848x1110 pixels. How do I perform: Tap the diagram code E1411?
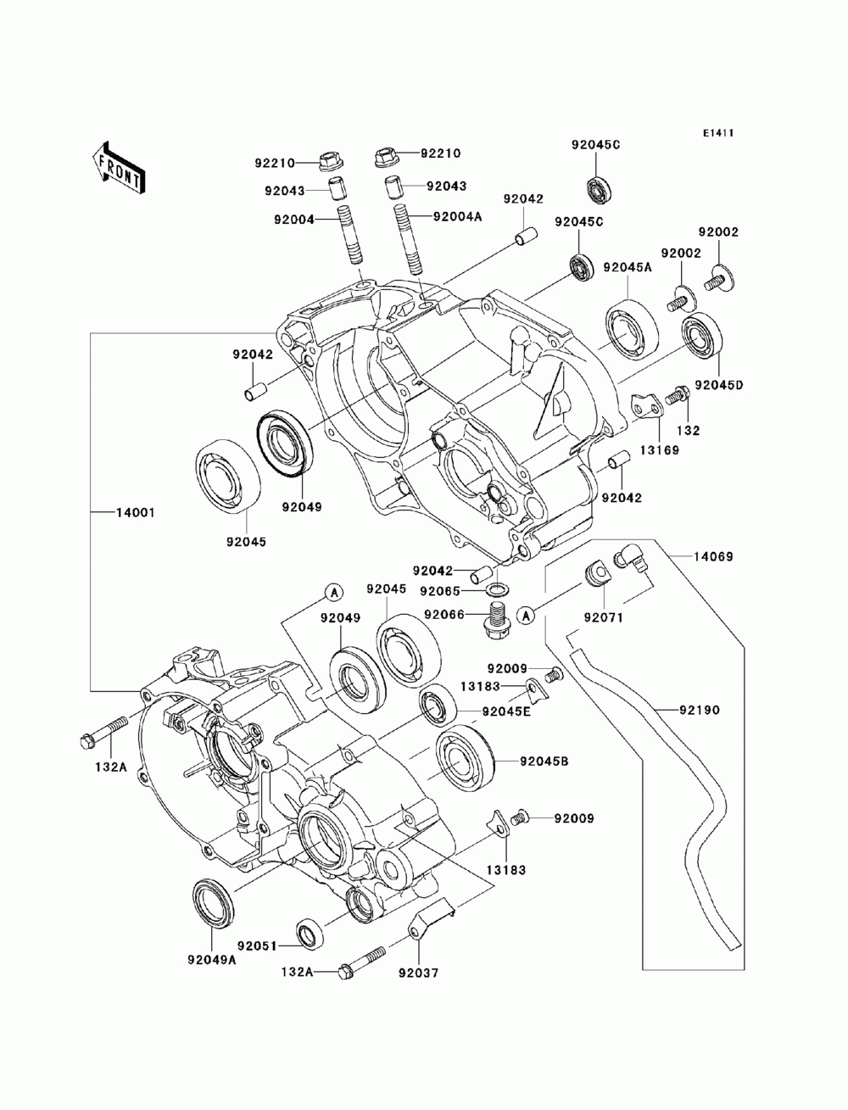[718, 133]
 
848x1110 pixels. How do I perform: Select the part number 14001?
[136, 513]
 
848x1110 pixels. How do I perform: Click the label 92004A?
[458, 217]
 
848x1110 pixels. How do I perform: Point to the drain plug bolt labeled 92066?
[497, 621]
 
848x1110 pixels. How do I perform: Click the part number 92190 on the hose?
[700, 711]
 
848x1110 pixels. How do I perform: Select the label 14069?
[713, 557]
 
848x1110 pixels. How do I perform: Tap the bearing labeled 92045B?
[464, 762]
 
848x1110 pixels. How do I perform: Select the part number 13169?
[660, 450]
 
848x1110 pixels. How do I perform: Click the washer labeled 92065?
[497, 589]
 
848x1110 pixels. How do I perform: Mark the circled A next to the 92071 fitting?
[527, 616]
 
